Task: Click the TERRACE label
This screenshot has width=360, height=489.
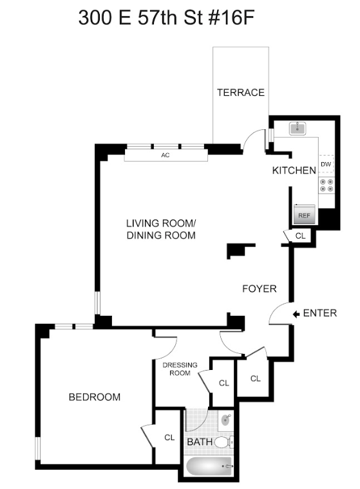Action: pos(241,93)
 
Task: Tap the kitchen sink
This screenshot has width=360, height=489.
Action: pos(298,128)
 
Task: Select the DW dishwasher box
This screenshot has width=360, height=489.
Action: pos(327,164)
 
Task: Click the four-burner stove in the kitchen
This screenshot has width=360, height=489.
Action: pos(327,185)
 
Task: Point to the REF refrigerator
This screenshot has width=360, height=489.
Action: pos(304,214)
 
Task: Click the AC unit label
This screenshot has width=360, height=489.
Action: pos(166,155)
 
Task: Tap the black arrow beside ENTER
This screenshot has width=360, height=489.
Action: pos(296,314)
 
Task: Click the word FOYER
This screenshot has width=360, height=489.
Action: pos(260,289)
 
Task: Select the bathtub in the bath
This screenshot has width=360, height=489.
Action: pos(209,466)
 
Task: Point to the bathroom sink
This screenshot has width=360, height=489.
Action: pos(226,420)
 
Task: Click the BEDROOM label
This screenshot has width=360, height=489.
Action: pos(95,397)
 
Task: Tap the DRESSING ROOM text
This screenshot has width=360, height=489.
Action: pos(180,369)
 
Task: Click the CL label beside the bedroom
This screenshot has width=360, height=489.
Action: pos(169,438)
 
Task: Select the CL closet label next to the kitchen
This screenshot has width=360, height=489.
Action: pos(300,235)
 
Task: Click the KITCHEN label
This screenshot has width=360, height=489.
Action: pos(294,171)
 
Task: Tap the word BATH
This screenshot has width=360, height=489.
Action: pos(200,442)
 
